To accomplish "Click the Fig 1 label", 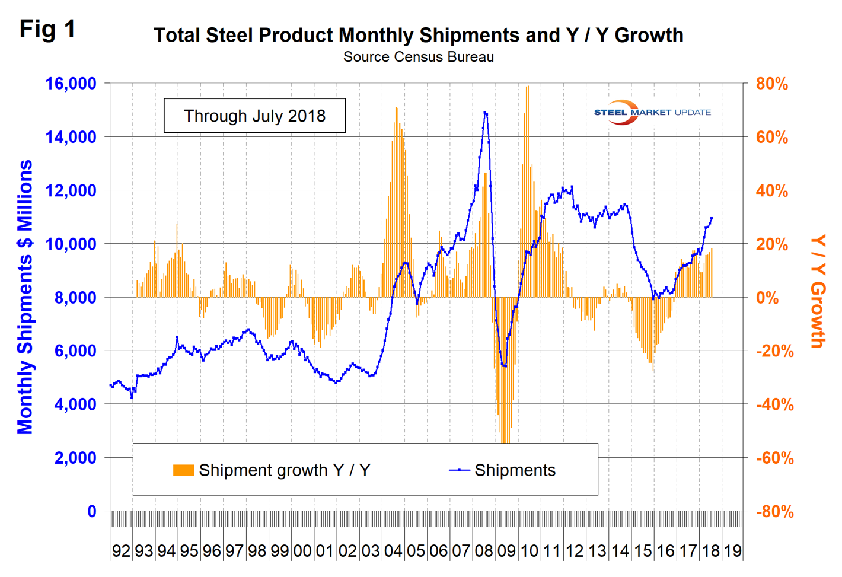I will point(47,28).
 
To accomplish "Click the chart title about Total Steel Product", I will point(418,35).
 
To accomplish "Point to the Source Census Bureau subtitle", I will point(418,57).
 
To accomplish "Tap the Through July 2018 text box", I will point(254,116).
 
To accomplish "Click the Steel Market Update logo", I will point(652,112).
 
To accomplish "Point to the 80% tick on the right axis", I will point(771,84).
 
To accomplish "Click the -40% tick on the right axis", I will point(774,404).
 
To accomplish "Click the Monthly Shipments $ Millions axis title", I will point(25,297).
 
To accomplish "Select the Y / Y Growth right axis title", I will point(818,291).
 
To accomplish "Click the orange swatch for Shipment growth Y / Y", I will point(183,470).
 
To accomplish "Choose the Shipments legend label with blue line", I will point(515,470).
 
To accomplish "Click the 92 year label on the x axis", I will point(121,551).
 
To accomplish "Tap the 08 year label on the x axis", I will point(484,551).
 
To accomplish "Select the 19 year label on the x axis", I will point(733,551).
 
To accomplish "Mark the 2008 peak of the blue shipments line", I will point(485,112).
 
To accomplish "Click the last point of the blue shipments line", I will point(712,218).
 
